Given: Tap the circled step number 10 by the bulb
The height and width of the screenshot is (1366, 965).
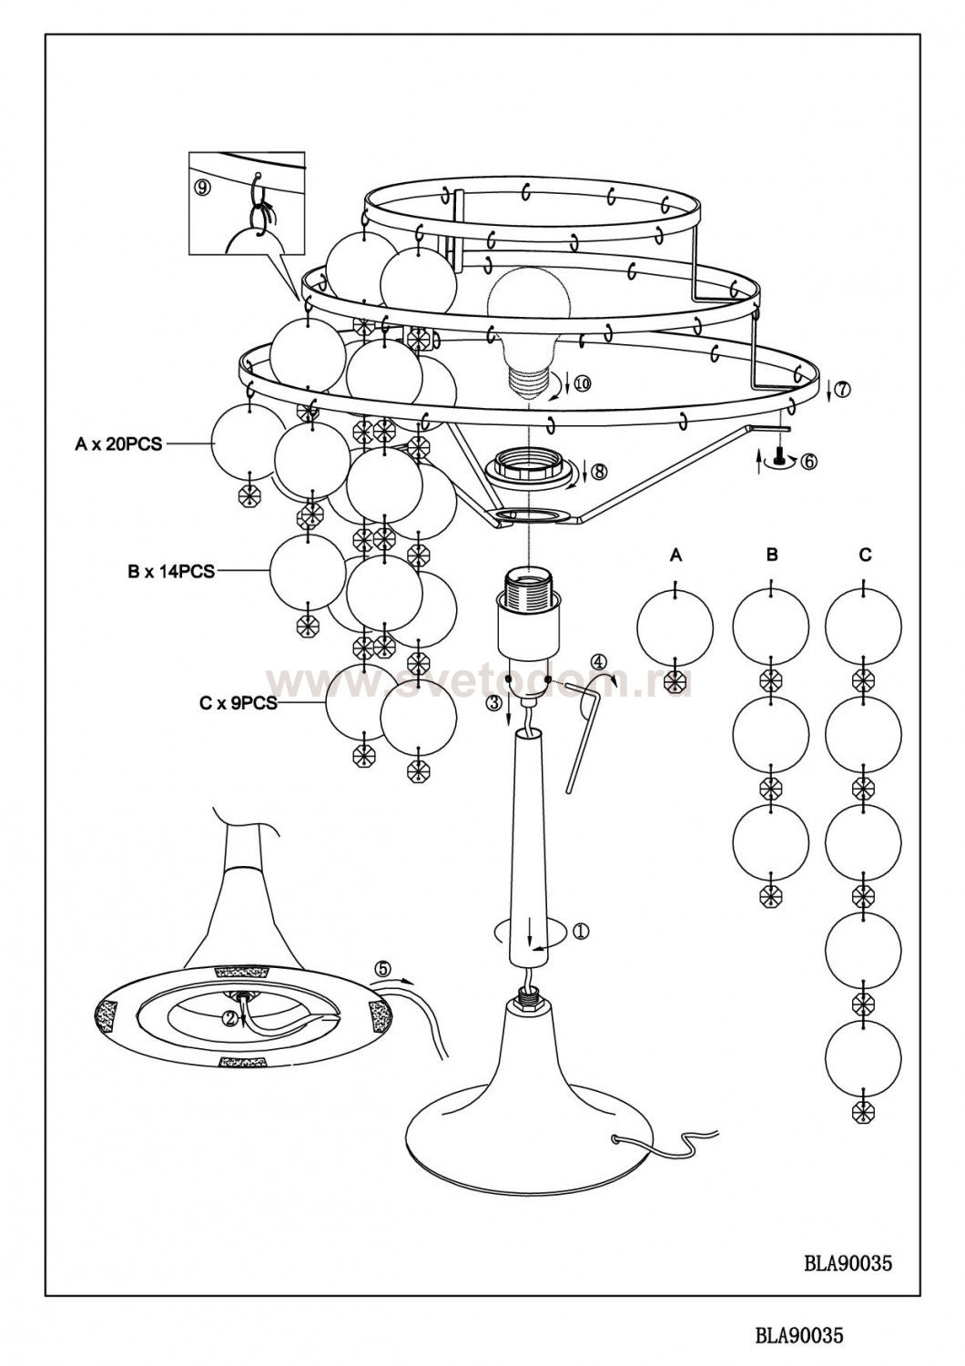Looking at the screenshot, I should [581, 383].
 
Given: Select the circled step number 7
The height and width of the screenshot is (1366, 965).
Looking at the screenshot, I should [842, 389].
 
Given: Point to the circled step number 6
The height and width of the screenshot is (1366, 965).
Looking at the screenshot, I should [808, 461].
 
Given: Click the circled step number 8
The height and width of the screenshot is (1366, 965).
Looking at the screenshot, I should [597, 472].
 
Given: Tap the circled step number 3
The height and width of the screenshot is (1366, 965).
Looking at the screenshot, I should [492, 703].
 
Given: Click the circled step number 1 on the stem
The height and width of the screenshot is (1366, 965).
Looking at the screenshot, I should [582, 931].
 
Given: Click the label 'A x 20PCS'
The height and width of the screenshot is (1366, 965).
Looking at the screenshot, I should [118, 444].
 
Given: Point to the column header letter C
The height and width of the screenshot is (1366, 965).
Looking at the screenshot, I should [865, 555].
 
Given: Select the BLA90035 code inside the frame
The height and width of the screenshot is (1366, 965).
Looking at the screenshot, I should [848, 1263].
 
